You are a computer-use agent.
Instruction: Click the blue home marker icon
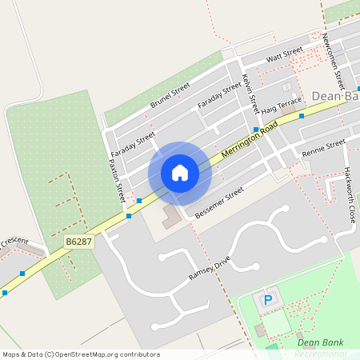(180, 173)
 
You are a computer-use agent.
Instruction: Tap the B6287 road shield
(79, 241)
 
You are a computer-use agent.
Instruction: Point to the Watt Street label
(285, 54)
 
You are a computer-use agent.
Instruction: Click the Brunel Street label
(170, 95)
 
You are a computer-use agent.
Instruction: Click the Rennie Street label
(323, 147)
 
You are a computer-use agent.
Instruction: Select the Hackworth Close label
(349, 194)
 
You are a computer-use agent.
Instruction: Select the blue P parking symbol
(268, 301)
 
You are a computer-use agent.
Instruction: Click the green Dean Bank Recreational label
(319, 348)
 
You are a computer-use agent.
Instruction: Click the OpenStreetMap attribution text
(80, 354)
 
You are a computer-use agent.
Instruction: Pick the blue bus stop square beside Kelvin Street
(256, 130)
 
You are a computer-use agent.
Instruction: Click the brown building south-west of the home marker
(170, 218)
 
